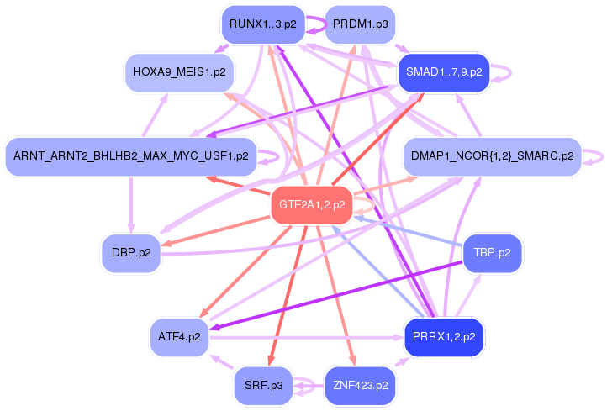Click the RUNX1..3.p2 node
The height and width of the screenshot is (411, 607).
262,24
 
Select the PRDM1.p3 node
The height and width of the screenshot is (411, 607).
360,24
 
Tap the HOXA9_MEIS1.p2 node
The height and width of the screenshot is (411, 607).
179,72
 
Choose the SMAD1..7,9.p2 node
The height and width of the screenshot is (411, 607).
443,72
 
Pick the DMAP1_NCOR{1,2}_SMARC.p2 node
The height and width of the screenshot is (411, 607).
493,155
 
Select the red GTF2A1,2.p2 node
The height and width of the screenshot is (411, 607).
312,204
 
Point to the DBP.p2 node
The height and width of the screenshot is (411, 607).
131,253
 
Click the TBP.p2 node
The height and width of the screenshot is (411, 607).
493,251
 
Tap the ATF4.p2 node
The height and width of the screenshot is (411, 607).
179,337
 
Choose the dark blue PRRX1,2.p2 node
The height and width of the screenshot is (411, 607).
443,337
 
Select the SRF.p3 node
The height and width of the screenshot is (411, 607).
262,386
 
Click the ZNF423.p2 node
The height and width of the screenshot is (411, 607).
360,386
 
